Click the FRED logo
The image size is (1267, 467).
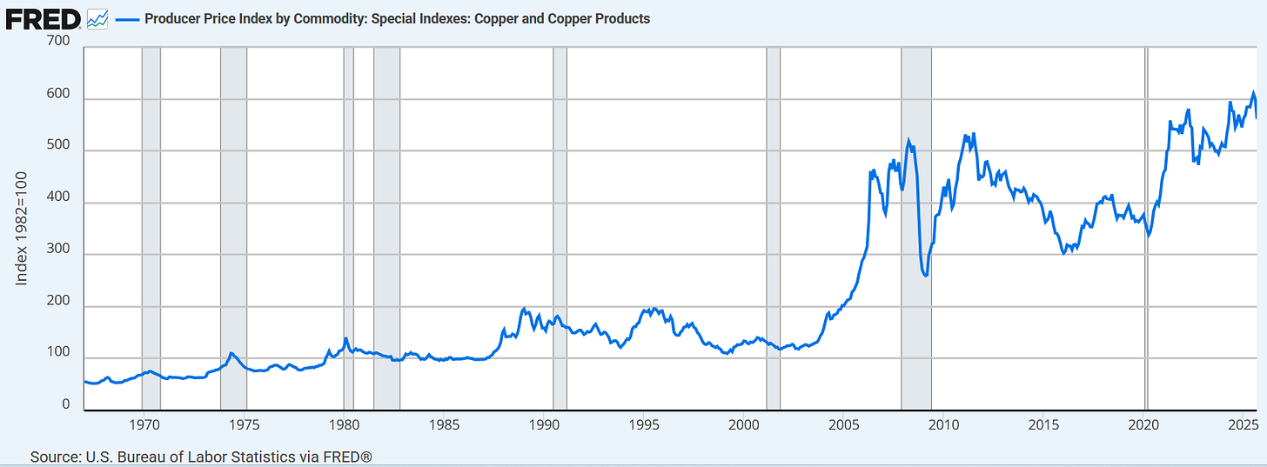[x=44, y=17]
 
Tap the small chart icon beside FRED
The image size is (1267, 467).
[x=97, y=18]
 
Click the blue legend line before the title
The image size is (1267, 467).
[x=127, y=18]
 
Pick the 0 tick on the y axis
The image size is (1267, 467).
[x=65, y=405]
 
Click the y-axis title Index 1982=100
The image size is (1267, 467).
[x=22, y=228]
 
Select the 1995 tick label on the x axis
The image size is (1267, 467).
[x=645, y=425]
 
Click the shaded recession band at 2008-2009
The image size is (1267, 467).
[x=915, y=226]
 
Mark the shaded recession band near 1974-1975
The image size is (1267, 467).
[x=233, y=226]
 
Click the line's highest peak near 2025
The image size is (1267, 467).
[x=1254, y=92]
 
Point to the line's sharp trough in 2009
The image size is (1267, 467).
[x=925, y=276]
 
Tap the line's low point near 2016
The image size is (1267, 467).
[x=1064, y=253]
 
